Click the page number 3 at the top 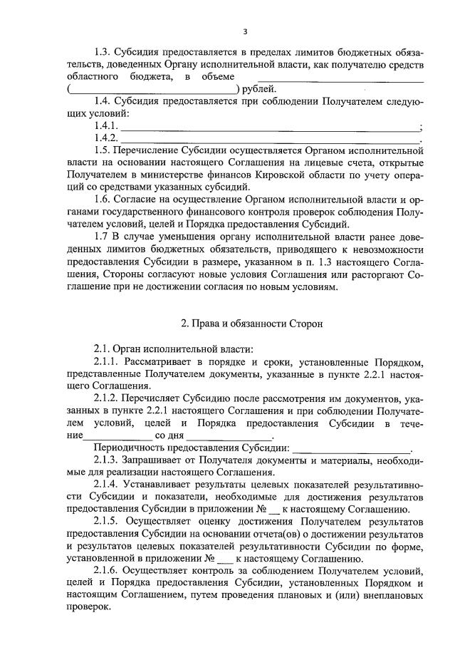click(x=244, y=31)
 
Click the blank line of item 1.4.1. click(x=271, y=127)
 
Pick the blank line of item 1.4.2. click(x=271, y=138)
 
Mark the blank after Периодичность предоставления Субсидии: click(x=352, y=449)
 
